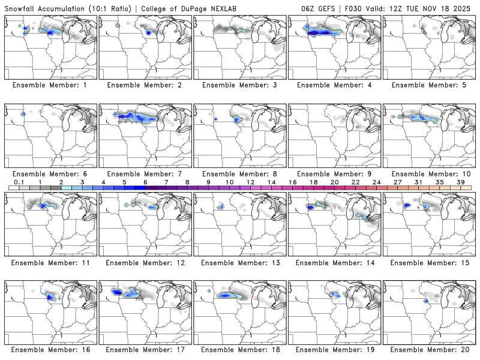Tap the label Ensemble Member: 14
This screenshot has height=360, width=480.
coord(335,262)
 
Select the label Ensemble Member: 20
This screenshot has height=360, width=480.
coord(430,350)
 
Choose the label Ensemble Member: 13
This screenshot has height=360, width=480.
coord(241,262)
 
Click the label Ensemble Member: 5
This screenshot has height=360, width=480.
coord(430,85)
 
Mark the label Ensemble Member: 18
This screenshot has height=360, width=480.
coord(241,350)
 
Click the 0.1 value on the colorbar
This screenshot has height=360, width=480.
coord(19,182)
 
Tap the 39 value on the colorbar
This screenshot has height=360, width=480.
coord(461,182)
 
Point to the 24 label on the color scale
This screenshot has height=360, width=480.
coord(376,182)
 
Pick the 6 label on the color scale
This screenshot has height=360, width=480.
coord(145,182)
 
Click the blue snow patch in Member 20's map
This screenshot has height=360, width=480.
coord(425,300)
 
